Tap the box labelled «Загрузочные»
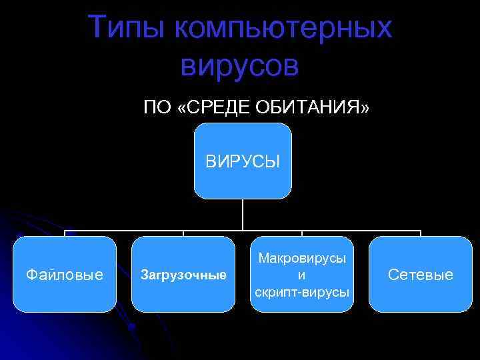183,274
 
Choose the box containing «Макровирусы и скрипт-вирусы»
302,274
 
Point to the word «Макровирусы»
302,258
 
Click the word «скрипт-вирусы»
302,291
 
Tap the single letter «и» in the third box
302,275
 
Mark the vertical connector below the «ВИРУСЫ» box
242,215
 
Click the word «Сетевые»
421,275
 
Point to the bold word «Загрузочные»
183,275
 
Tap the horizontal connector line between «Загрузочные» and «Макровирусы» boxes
213,231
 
